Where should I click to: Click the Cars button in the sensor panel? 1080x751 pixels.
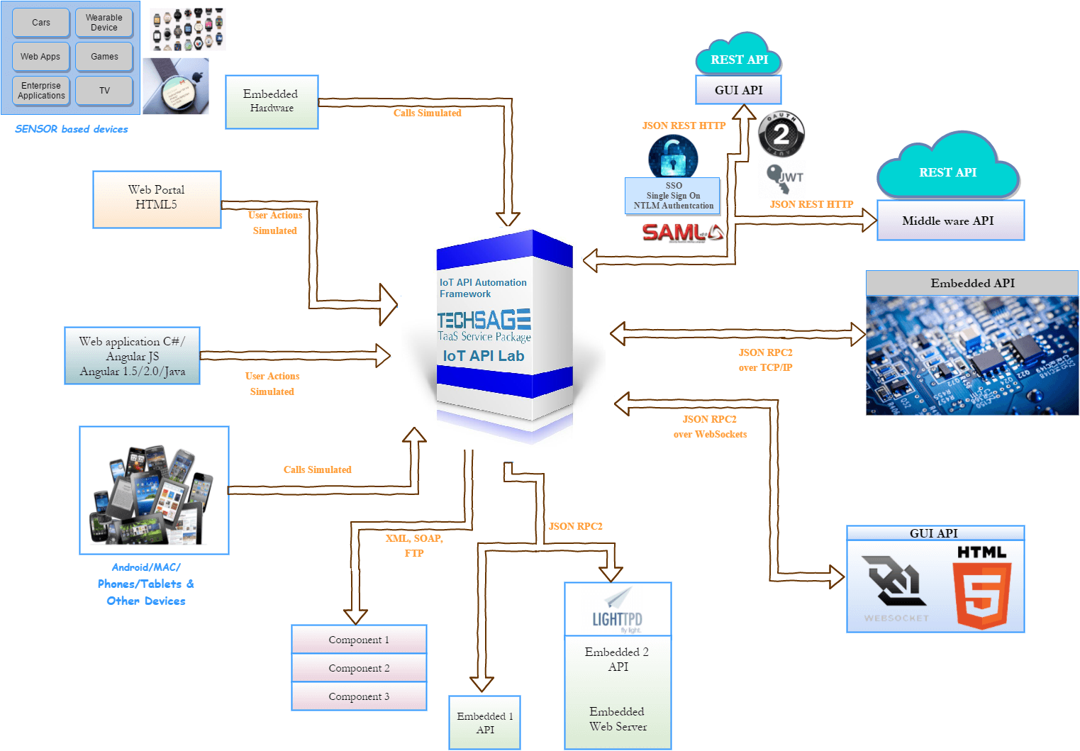[x=41, y=23]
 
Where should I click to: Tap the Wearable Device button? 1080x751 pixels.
[x=104, y=23]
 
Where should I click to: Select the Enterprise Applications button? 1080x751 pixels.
[x=41, y=91]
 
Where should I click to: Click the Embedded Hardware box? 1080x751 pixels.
[x=272, y=101]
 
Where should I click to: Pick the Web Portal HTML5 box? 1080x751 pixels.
[x=157, y=199]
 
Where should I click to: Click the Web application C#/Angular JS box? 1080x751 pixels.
[x=132, y=356]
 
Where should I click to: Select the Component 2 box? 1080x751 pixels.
[x=359, y=668]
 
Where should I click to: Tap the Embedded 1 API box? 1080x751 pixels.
[x=485, y=723]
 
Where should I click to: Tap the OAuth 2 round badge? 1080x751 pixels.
[x=781, y=134]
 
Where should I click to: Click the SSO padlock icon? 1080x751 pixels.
[x=673, y=157]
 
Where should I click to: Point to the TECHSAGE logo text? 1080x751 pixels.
[x=484, y=321]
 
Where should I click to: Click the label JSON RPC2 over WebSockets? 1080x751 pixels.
[x=710, y=427]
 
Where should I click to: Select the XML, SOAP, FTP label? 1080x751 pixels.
[x=414, y=545]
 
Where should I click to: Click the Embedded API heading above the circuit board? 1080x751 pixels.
[x=972, y=283]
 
